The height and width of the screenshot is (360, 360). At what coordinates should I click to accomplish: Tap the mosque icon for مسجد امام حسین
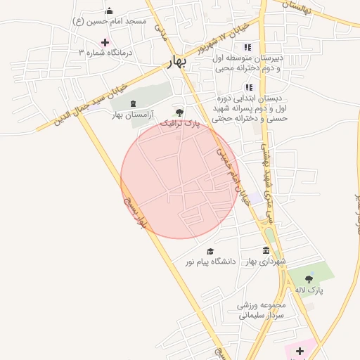coord(109,11)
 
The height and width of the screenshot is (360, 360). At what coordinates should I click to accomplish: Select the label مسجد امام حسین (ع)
coord(109,21)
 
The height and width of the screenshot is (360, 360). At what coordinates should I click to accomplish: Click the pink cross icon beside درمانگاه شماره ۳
coord(105,42)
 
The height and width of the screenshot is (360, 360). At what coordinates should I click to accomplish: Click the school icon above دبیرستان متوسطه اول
coord(247,47)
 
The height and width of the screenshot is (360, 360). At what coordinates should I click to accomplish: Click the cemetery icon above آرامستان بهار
coord(133,104)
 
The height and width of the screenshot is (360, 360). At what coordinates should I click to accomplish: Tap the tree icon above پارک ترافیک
coord(179,112)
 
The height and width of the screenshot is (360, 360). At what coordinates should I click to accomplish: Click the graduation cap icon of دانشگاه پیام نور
coord(210,251)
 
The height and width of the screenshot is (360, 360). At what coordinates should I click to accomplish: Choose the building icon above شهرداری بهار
coord(266,251)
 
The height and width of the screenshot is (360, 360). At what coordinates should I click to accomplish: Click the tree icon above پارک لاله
coord(309,279)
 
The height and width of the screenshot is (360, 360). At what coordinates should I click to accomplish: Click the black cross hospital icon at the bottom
coord(300,350)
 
